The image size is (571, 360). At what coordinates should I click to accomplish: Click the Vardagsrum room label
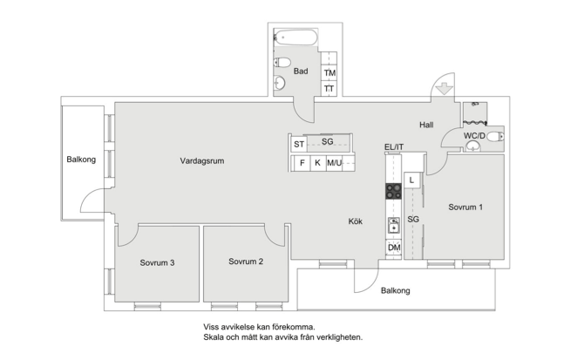[202, 160]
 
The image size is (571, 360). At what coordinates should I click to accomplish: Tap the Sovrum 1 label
[466, 207]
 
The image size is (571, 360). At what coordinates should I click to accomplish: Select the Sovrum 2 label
[246, 262]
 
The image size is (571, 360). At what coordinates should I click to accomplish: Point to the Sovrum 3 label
[158, 262]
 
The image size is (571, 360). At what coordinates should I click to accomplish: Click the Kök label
[356, 221]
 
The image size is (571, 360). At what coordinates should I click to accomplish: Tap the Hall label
[426, 125]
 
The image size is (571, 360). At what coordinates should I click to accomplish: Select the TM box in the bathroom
[330, 73]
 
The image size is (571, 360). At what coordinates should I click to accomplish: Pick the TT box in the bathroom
[330, 88]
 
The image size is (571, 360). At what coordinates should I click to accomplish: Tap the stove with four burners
[394, 191]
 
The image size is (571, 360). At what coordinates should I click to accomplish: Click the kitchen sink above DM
[394, 225]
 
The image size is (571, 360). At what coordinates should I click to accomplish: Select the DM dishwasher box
[394, 248]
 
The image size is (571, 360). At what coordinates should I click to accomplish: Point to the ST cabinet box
[299, 143]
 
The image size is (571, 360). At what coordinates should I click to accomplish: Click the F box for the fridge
[302, 163]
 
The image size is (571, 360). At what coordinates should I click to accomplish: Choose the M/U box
[334, 163]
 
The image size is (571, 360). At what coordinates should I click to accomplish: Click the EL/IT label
[394, 146]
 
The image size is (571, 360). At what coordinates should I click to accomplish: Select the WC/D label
[474, 136]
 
